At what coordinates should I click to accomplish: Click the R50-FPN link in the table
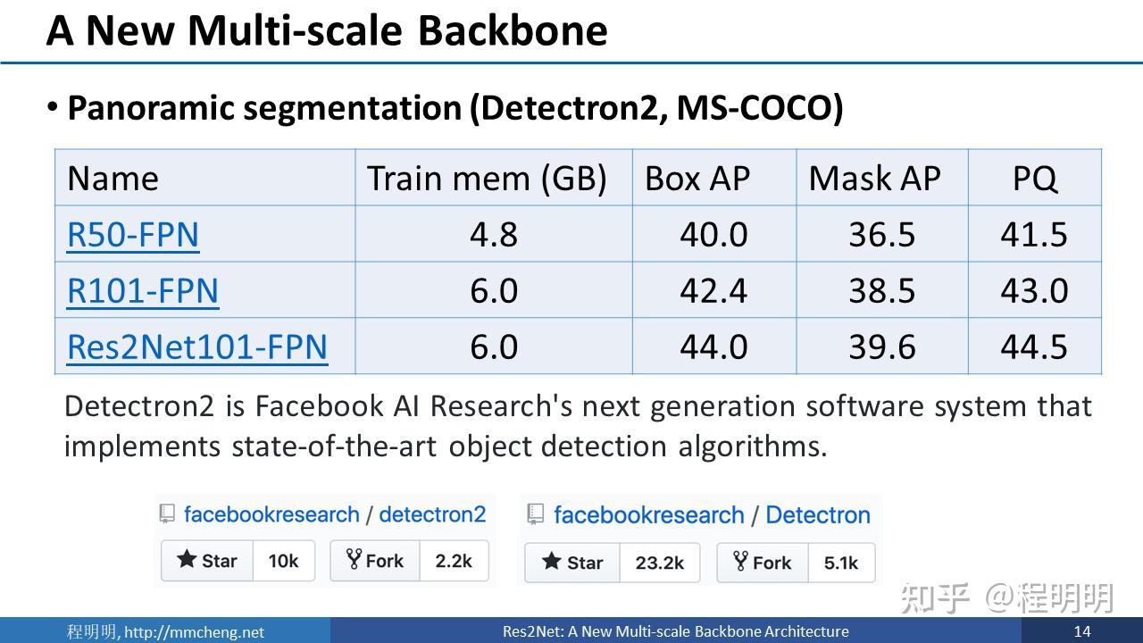(133, 235)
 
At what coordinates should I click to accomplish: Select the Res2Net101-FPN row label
(197, 347)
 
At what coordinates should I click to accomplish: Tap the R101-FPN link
(143, 291)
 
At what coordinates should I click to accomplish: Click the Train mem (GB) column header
(487, 179)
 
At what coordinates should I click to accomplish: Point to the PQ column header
(1035, 179)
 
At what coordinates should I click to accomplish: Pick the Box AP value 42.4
(713, 291)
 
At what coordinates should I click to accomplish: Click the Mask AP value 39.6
(881, 347)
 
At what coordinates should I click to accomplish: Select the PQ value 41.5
(1034, 235)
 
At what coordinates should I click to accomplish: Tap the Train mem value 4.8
(494, 235)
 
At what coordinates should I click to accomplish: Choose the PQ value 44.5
(1034, 347)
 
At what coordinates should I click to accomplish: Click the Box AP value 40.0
(713, 235)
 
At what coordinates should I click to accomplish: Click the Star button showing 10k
(207, 561)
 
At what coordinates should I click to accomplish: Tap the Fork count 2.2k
(454, 561)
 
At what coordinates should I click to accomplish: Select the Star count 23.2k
(660, 563)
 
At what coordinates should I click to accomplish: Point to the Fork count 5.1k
(841, 563)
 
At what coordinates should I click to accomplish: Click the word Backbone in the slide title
(513, 30)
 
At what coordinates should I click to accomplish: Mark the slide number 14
(1082, 631)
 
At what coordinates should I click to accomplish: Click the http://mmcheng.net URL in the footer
(194, 632)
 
